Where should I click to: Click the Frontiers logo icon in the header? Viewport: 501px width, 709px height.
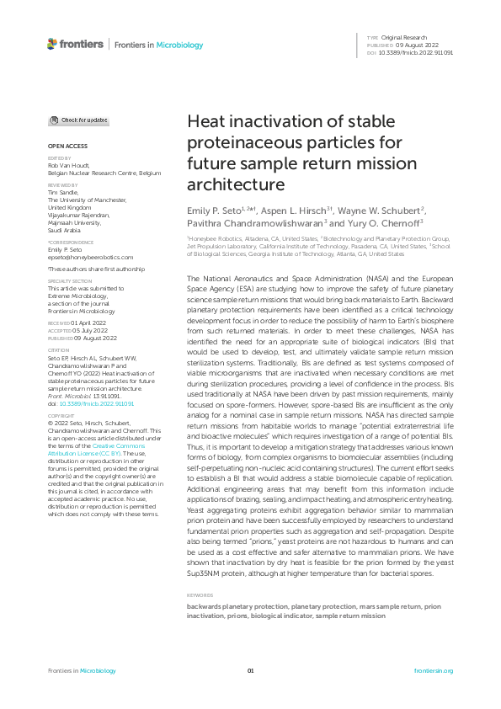[x=53, y=44]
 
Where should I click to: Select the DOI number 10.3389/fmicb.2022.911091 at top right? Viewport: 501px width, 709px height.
[x=418, y=52]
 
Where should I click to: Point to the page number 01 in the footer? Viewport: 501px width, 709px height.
[x=250, y=671]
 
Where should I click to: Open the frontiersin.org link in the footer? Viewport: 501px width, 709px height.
[x=434, y=671]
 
